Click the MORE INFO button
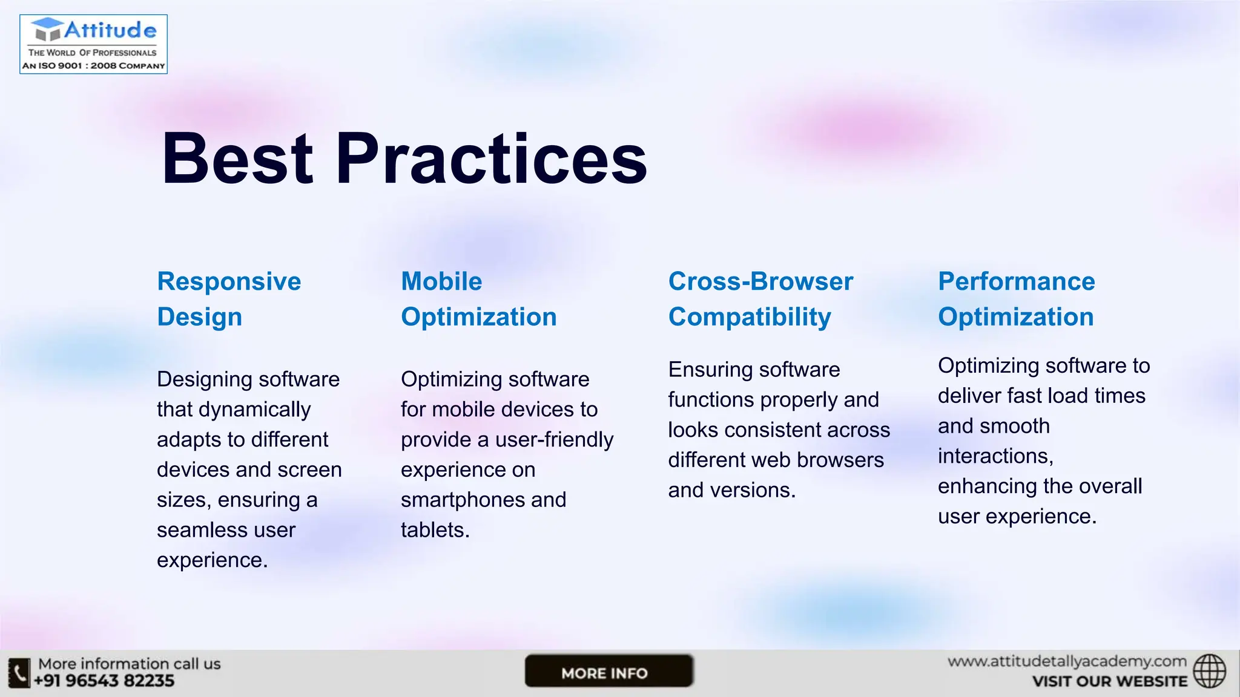(x=608, y=672)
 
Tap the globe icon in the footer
(x=1209, y=671)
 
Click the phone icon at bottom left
(x=19, y=673)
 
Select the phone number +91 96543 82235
(x=104, y=681)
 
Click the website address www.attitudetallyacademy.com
(x=1067, y=661)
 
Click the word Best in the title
(x=237, y=159)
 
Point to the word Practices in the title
(x=491, y=159)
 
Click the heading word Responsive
(x=229, y=282)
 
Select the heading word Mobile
(x=441, y=282)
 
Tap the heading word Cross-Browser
(x=760, y=282)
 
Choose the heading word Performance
(x=1016, y=282)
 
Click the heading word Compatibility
(x=750, y=317)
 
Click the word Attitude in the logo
(x=110, y=30)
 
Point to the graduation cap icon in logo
(x=47, y=29)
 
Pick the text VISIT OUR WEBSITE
(x=1109, y=681)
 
